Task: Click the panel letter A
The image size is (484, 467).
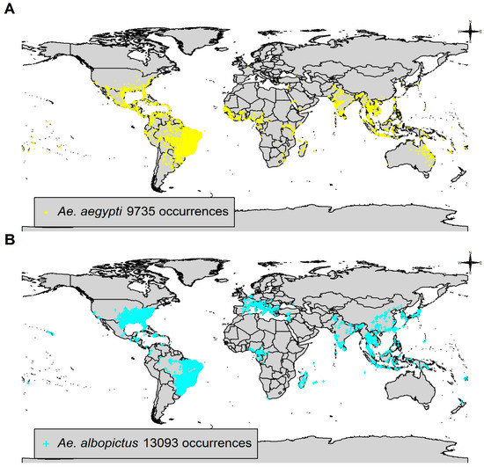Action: tap(8, 8)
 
